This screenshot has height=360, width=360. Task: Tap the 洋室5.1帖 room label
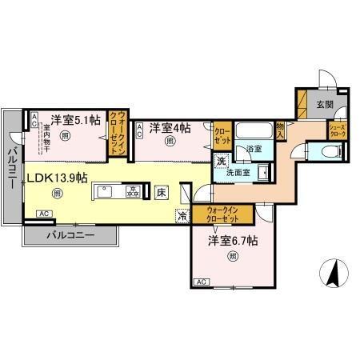(72, 120)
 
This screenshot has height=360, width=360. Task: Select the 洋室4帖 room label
(172, 126)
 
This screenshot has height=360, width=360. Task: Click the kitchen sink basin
(106, 192)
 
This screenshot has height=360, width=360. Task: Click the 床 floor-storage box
(161, 192)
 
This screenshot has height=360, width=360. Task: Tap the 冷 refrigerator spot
(182, 215)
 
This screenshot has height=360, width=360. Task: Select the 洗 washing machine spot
(222, 161)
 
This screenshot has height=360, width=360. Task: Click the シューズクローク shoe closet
(335, 129)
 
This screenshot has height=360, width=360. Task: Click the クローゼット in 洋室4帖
(222, 134)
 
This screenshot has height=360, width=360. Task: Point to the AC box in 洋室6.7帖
(202, 282)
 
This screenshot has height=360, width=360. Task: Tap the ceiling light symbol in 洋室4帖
(170, 142)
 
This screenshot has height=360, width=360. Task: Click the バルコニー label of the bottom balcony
(70, 236)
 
